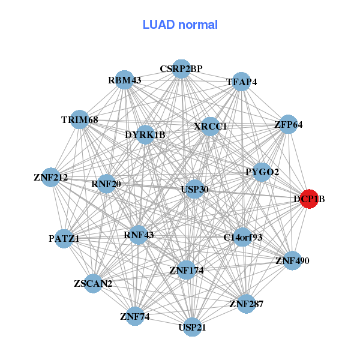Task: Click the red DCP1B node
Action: tap(308, 199)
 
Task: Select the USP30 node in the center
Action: tap(194, 189)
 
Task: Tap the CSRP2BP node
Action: tap(181, 69)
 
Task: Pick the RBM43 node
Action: tap(124, 80)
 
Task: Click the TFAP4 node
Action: tap(241, 82)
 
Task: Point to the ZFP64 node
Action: tap(289, 125)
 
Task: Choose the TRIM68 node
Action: tap(80, 120)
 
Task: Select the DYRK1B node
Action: tap(145, 134)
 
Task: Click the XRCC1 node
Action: tap(211, 127)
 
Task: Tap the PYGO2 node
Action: tap(262, 172)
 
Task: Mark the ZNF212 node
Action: tap(51, 178)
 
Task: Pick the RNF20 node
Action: tap(106, 184)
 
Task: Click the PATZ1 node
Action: tap(64, 238)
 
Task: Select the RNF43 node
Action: tap(139, 235)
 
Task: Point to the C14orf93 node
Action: tap(243, 237)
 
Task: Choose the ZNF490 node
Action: tap(292, 260)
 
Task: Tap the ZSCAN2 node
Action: tap(93, 283)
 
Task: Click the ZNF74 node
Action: tap(134, 316)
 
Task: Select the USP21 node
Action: tap(192, 327)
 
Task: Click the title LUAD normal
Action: tap(180, 25)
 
